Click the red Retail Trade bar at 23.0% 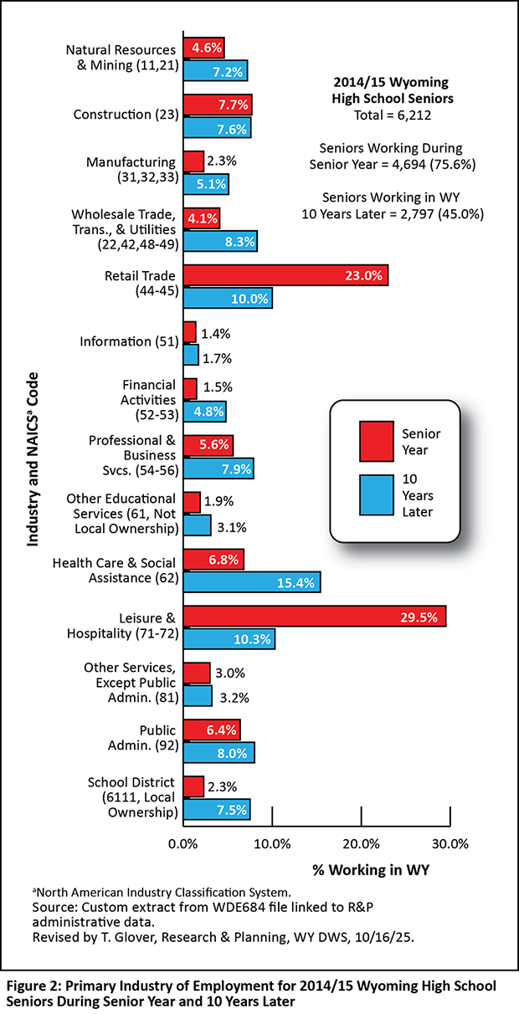(285, 275)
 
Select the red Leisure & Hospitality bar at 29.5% (314, 617)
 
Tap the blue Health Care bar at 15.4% (251, 582)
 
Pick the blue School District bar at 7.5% (216, 809)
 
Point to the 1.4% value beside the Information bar (215, 333)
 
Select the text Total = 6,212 (392, 115)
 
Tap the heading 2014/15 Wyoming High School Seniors (392, 90)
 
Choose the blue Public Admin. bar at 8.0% (218, 752)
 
